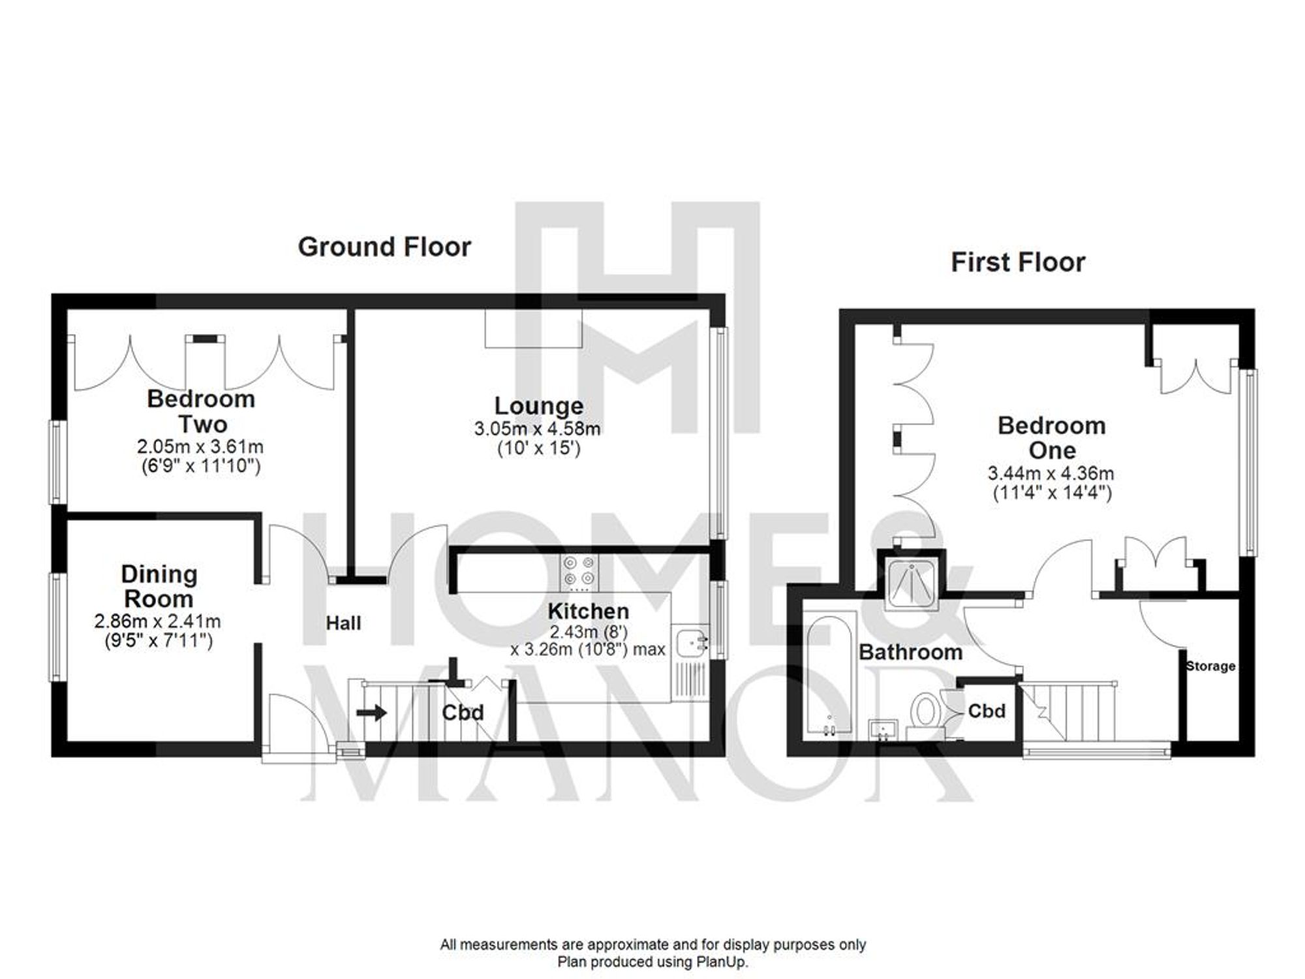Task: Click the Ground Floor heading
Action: [384, 247]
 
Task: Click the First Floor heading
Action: [1017, 262]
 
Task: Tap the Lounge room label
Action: [538, 406]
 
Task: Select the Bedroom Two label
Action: [201, 411]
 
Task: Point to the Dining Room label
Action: [159, 586]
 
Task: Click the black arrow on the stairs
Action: [372, 713]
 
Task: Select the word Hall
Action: [343, 623]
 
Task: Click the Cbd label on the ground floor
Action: [463, 712]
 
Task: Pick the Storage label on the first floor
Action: [1210, 666]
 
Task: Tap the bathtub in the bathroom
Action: [829, 672]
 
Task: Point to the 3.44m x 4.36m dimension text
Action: [1051, 473]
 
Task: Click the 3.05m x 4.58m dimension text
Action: [537, 429]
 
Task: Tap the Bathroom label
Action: [910, 652]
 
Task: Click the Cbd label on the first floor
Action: [986, 711]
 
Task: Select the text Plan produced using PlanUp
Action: [652, 962]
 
